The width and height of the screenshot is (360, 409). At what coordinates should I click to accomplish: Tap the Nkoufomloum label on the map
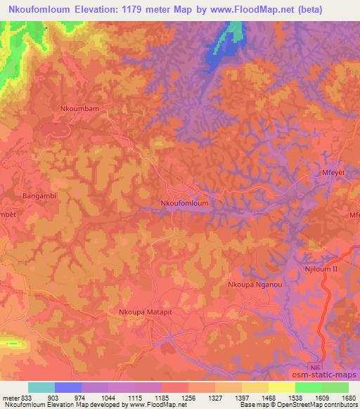pos(185,202)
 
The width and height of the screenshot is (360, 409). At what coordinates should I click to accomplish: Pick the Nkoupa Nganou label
pos(255,285)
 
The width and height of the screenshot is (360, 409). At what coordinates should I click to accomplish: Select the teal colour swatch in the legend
pos(41,387)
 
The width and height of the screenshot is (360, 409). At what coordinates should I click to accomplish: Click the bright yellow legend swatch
pos(281,387)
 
